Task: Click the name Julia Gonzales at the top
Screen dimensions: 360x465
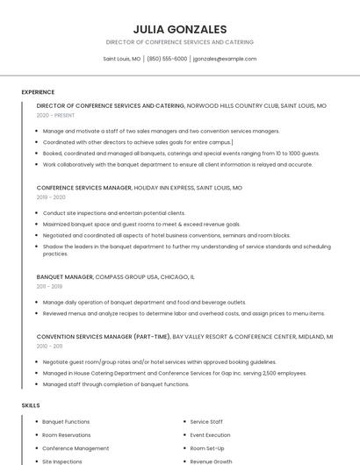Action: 179,29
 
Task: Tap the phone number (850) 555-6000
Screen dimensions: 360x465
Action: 167,59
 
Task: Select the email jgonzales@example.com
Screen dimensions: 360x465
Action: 225,59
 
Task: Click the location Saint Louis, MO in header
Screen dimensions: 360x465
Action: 122,59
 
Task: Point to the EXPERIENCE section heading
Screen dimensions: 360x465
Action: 38,92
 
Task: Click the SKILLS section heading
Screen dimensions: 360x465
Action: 31,405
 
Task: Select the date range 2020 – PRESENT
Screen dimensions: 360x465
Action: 55,115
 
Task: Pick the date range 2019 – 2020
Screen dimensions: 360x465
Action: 51,197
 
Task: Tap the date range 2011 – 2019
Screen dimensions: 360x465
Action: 49,286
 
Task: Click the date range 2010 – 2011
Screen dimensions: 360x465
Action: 49,346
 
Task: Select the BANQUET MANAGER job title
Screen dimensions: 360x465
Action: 65,276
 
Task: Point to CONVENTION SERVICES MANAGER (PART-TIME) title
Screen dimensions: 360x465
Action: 104,336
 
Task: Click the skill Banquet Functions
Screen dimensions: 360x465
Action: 66,422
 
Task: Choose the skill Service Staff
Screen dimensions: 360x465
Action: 206,422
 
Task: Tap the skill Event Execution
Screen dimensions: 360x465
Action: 210,435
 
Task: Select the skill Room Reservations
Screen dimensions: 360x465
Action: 67,435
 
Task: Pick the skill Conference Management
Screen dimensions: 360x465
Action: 76,448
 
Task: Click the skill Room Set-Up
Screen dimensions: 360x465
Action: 207,448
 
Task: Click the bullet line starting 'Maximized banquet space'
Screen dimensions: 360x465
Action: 140,224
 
